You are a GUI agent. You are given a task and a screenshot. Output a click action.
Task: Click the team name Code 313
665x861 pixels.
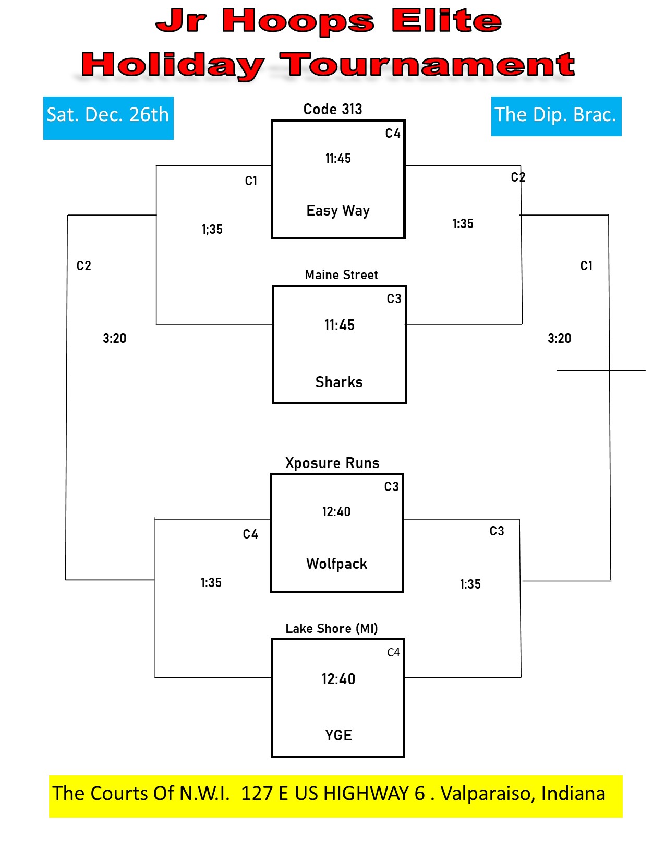tap(333, 109)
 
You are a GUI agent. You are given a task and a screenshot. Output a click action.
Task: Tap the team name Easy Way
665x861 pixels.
tap(338, 210)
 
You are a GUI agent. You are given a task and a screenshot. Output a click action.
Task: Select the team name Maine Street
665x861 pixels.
tap(341, 274)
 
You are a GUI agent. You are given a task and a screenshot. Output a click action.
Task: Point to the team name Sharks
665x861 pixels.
tap(338, 382)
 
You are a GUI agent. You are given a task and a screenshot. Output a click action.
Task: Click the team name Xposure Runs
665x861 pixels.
tap(332, 463)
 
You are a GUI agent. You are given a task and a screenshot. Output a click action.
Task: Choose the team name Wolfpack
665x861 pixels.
tap(336, 564)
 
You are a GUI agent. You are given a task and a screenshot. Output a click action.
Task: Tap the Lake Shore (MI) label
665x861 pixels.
tap(332, 628)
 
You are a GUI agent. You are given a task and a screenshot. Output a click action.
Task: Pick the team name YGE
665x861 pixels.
tap(338, 735)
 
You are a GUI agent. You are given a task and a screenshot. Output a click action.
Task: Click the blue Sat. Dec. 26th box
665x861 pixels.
tap(108, 118)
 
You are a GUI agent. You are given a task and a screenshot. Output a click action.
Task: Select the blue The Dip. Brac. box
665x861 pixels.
tap(556, 116)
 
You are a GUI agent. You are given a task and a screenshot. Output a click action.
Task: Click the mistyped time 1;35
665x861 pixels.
tap(212, 229)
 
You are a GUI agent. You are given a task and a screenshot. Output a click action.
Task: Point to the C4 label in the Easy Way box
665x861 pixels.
tap(393, 134)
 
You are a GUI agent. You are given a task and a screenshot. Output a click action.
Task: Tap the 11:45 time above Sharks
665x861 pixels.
tap(340, 325)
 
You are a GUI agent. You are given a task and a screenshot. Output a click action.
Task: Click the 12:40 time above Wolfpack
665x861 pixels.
tap(336, 511)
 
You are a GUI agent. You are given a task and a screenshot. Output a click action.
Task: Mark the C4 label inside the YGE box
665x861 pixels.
tap(393, 653)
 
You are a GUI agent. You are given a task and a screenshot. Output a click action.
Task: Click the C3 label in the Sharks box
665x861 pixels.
tap(394, 298)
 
